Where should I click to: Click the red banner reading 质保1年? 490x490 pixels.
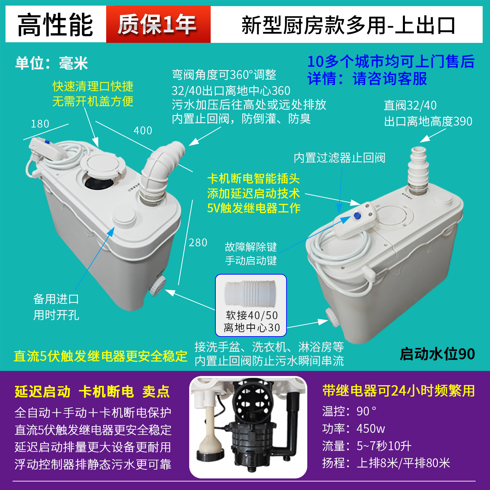point(158,24)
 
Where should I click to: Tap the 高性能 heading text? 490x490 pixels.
point(55,25)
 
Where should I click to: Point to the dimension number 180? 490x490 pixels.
point(40,124)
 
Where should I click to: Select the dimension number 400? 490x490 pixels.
point(143,131)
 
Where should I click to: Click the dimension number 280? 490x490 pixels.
point(198,243)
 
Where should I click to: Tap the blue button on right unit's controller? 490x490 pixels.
point(357,216)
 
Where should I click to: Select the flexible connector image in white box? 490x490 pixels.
point(250,293)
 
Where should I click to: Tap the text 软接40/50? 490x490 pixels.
point(252,315)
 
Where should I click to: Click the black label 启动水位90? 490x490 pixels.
point(437,354)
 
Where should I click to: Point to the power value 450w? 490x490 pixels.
point(371,429)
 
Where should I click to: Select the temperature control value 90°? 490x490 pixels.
point(366,411)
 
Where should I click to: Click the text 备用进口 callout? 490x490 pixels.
point(56,299)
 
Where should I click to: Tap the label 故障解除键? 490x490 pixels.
point(251,247)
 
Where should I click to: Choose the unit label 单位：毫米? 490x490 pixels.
point(51,63)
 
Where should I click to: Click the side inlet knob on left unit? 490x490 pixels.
point(157,285)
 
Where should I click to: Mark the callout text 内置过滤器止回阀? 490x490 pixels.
point(339,158)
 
